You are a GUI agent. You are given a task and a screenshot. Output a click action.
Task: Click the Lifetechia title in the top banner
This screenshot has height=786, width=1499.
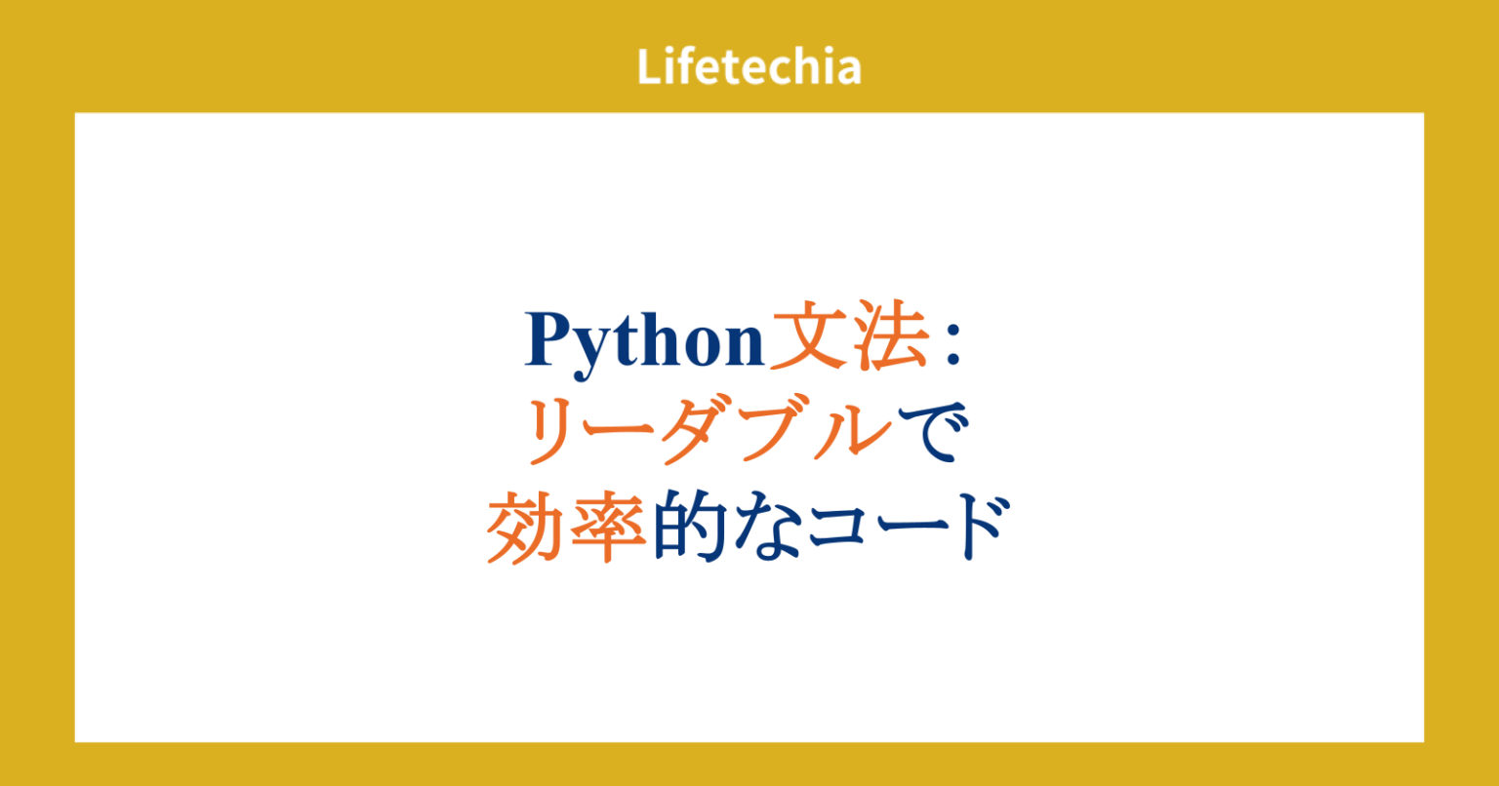[x=749, y=67]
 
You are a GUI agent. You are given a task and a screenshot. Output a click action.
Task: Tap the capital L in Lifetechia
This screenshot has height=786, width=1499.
[x=649, y=67]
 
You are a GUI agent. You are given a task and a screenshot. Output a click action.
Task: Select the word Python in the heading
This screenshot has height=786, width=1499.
[x=644, y=342]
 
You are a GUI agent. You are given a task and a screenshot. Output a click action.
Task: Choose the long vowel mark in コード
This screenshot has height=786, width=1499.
[x=908, y=530]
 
